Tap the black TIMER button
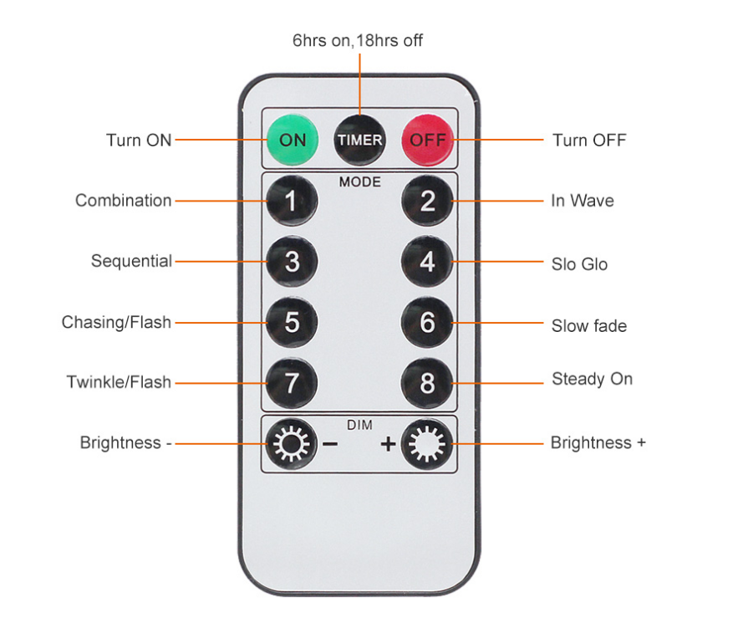359,140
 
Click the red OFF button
428,140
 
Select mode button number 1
292,201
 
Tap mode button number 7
292,383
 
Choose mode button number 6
427,323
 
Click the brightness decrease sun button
291,442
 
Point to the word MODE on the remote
359,181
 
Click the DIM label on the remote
359,425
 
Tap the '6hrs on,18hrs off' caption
358,40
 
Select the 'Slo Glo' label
579,264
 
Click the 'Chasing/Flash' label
116,322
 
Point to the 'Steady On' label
592,379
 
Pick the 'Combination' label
123,201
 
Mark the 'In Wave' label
582,201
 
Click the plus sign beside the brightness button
388,443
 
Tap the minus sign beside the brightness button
330,443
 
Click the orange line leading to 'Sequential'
221,262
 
